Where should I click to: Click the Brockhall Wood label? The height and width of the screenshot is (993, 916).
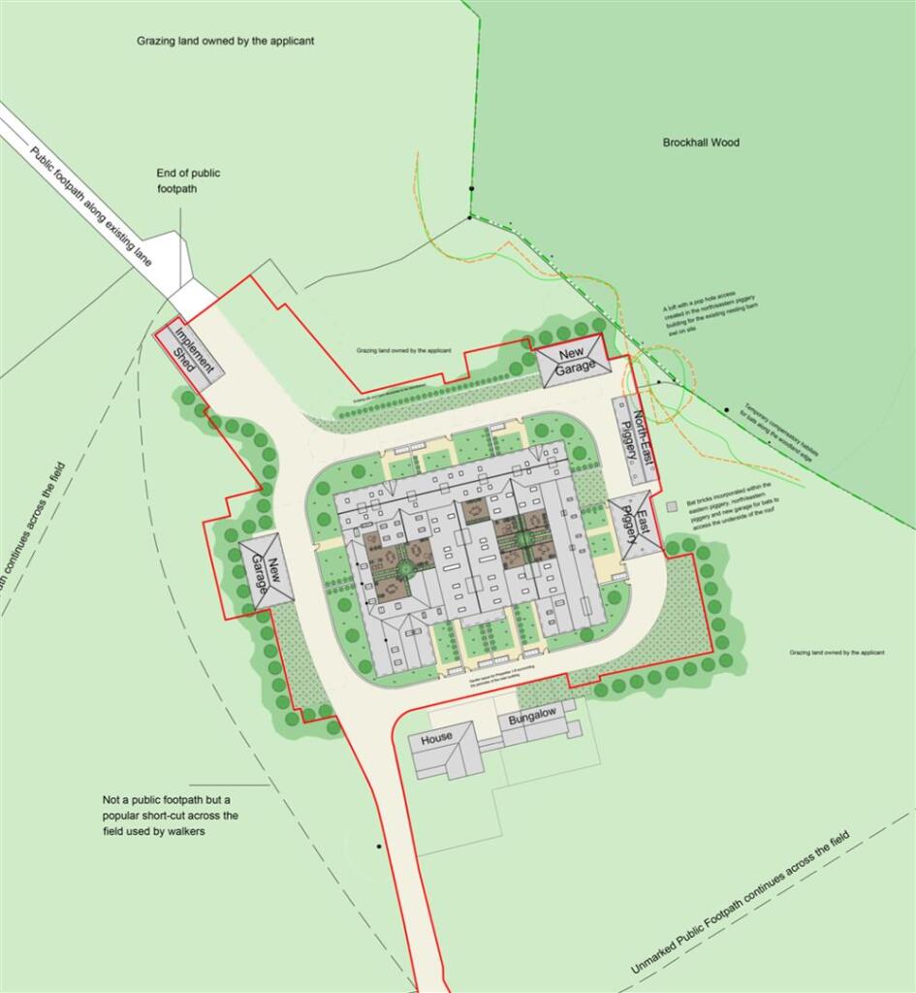click(x=701, y=143)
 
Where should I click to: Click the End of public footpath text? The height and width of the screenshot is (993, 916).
click(x=188, y=180)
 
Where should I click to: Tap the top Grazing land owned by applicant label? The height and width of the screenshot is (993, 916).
click(x=225, y=42)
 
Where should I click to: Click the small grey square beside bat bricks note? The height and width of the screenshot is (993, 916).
click(x=671, y=505)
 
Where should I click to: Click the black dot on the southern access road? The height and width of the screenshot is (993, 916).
click(x=379, y=847)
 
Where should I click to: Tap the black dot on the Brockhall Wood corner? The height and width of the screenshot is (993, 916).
click(x=471, y=217)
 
